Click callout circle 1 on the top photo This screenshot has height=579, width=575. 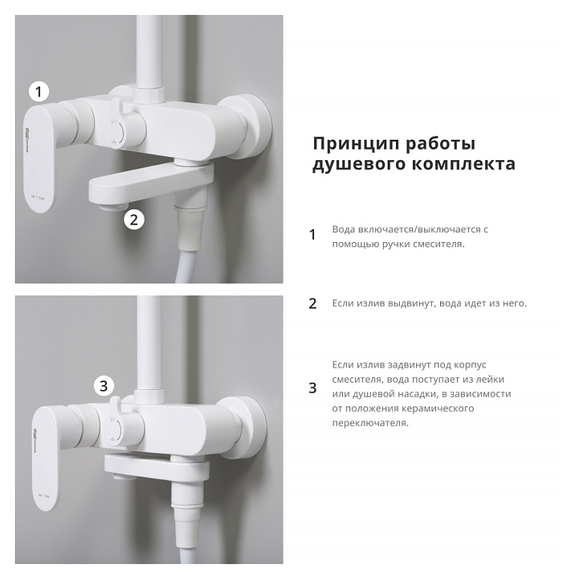[39, 92]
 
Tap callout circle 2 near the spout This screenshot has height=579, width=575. [134, 220]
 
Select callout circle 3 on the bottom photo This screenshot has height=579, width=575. [104, 386]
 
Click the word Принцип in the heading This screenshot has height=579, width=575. [357, 144]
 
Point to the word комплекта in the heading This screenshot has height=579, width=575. [463, 164]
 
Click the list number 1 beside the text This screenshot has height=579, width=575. [312, 235]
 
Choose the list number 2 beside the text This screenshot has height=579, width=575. [312, 303]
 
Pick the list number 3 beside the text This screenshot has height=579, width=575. [312, 388]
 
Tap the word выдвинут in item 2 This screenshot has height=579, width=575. [412, 303]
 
